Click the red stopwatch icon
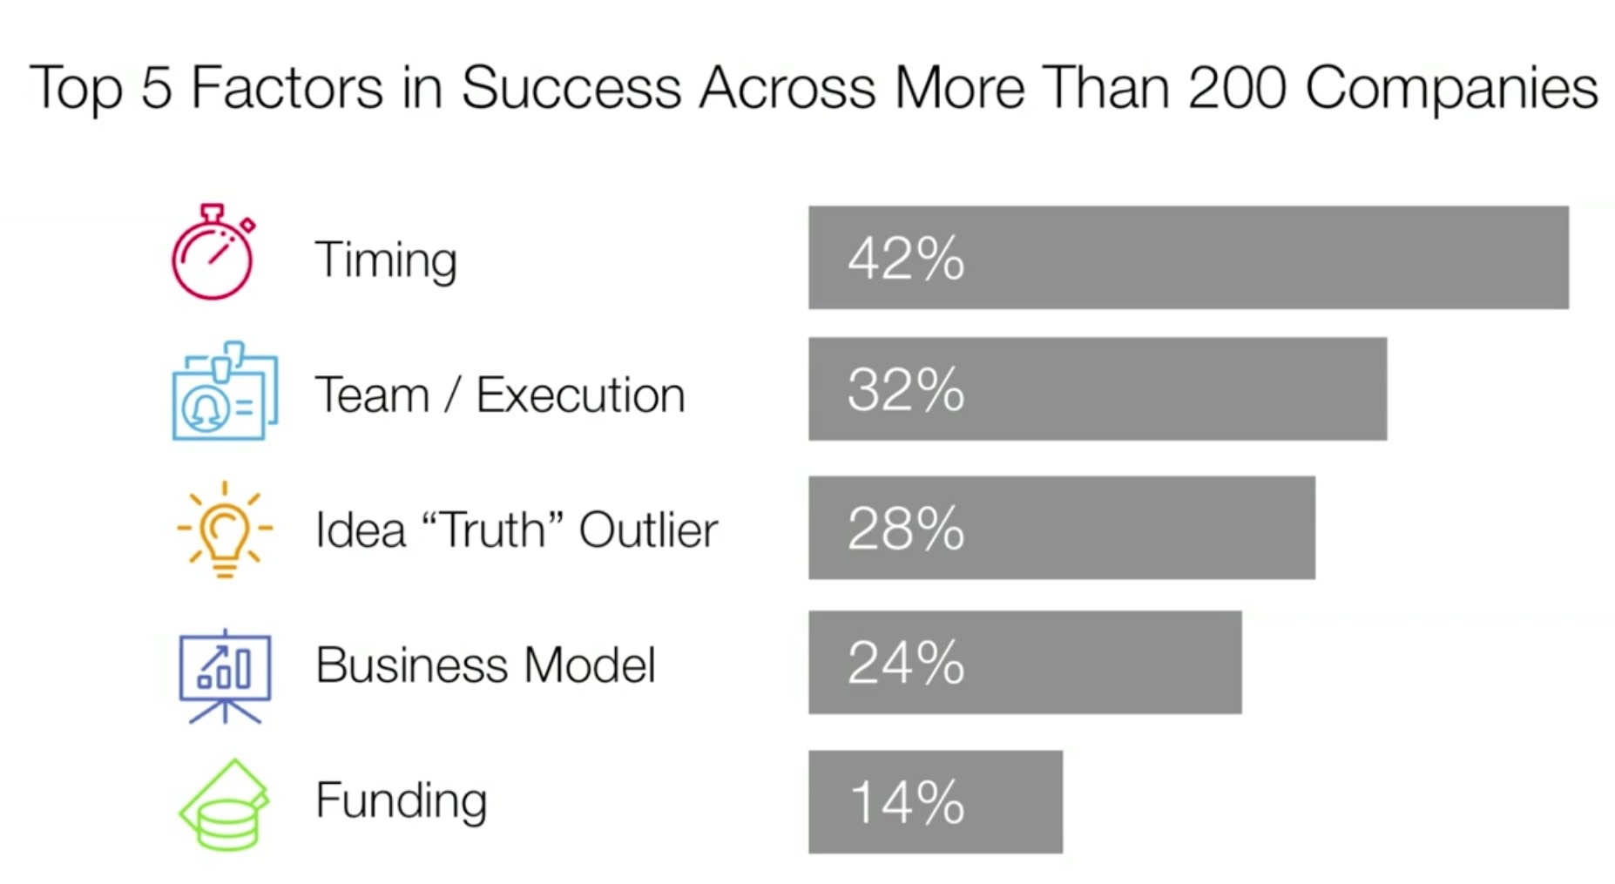point(213,253)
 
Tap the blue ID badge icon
point(224,391)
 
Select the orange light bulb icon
point(224,529)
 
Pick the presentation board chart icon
point(225,675)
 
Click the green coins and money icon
point(224,806)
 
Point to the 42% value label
point(906,259)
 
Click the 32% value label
point(906,389)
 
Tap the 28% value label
point(906,529)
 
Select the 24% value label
point(906,663)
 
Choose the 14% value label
point(907,802)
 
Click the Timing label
point(385,260)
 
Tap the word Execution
point(580,395)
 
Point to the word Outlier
point(648,530)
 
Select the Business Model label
point(485,665)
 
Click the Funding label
point(401,801)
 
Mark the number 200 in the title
point(1237,87)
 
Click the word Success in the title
point(571,87)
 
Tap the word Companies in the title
point(1452,87)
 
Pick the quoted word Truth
point(493,529)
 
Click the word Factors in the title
point(287,87)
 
